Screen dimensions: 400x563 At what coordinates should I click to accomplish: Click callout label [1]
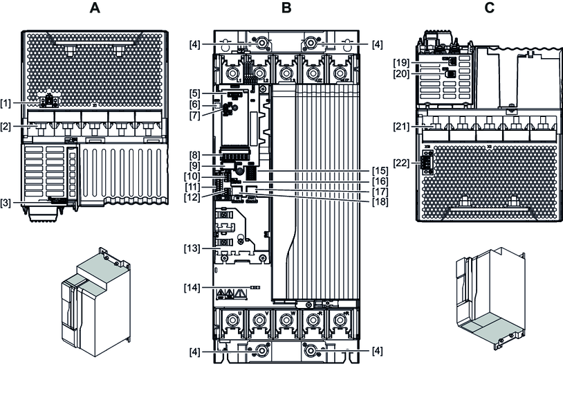click(8, 103)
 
